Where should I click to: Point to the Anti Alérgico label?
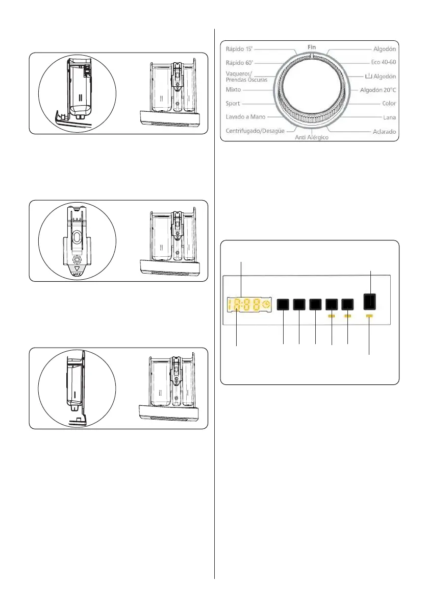point(312,138)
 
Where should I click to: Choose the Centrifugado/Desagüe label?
point(255,131)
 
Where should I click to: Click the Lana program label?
point(390,117)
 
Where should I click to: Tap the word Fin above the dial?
point(312,46)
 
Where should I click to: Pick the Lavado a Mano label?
point(245,117)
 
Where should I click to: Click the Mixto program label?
point(234,89)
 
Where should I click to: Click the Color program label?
point(389,103)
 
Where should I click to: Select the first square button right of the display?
point(283,305)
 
